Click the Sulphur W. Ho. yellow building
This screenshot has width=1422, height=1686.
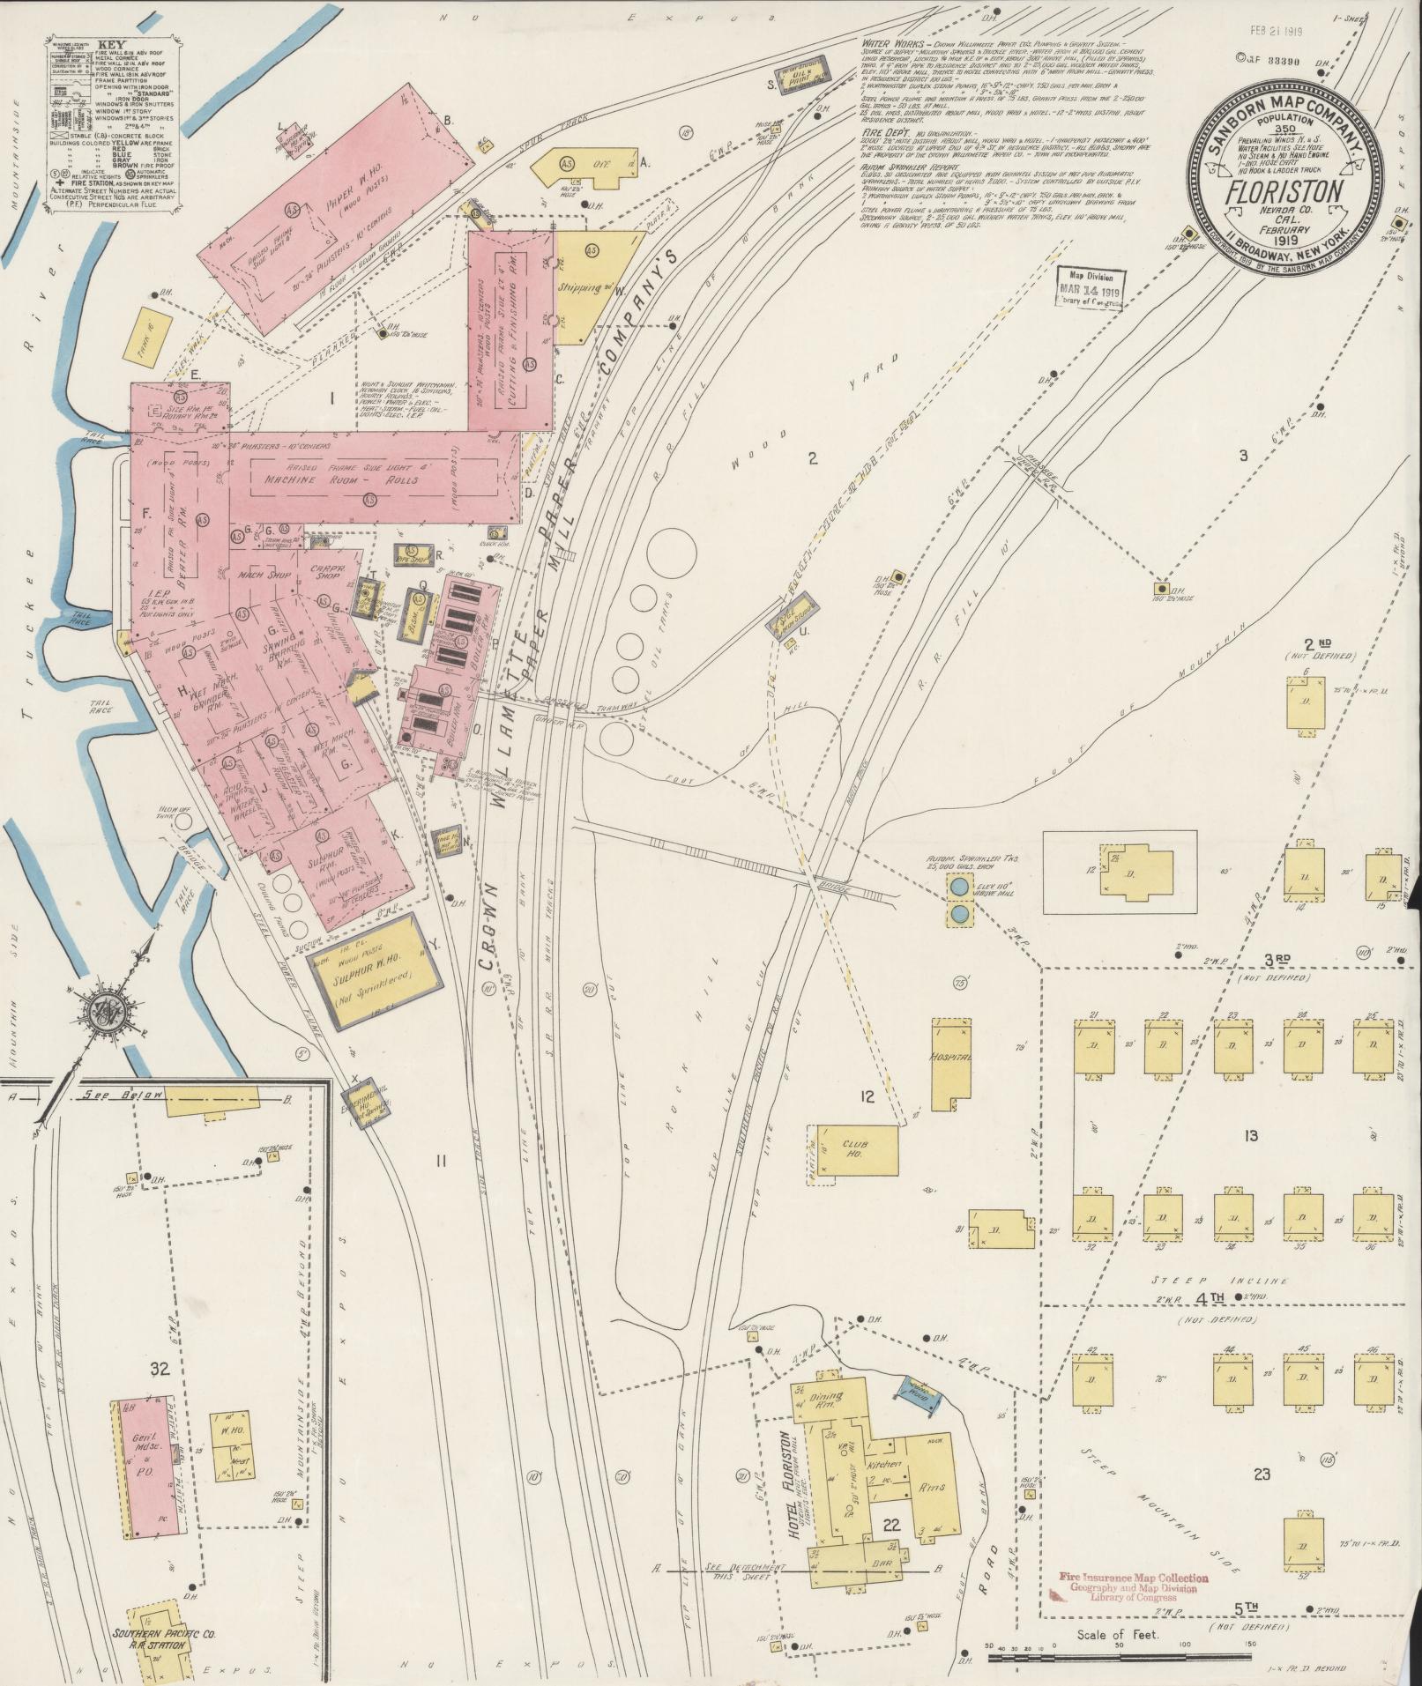374,970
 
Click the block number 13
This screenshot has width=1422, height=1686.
1250,1136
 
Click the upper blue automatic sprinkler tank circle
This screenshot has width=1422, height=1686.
958,884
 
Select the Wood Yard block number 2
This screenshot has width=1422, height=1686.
813,457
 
